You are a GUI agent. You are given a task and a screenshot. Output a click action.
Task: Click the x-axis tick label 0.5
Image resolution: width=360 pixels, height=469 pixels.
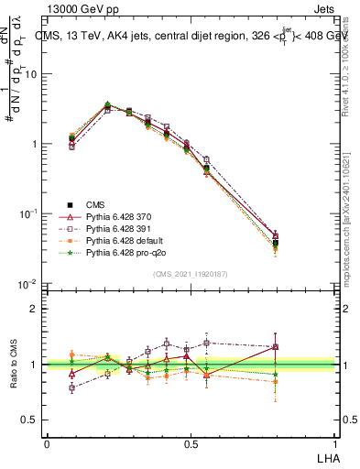click(x=191, y=442)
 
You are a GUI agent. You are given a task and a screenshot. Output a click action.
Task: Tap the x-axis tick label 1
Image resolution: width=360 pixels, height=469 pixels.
click(x=334, y=442)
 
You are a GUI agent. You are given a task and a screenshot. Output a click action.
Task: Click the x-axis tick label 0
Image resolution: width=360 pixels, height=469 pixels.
click(x=47, y=442)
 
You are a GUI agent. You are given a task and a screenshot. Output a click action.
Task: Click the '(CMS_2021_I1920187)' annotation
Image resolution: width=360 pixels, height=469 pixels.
click(x=190, y=273)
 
